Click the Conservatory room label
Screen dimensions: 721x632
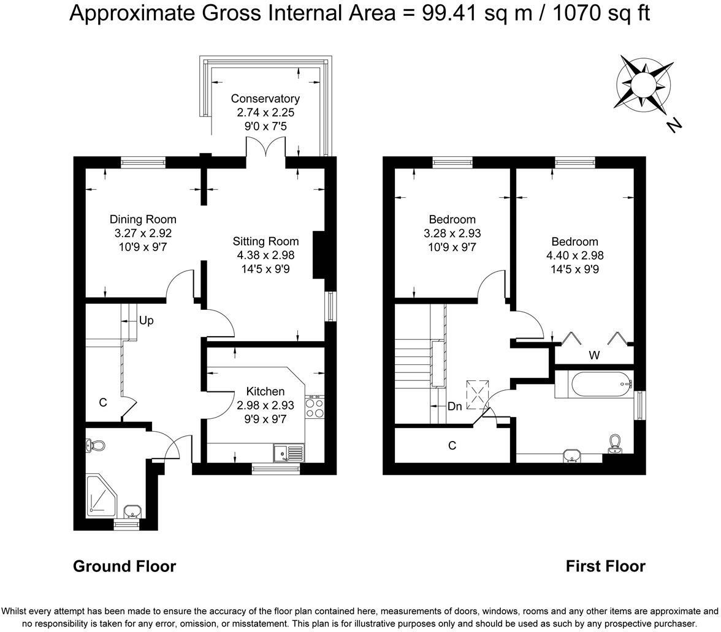265,98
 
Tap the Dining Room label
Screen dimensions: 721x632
143,219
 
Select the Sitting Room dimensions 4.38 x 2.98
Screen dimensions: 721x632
266,255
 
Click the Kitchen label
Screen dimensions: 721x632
265,391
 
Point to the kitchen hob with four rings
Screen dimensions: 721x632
315,407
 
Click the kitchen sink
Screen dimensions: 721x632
288,453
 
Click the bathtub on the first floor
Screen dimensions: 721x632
600,384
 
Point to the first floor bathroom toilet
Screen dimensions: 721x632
614,443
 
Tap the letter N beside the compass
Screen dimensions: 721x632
674,124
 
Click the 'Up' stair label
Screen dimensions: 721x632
146,321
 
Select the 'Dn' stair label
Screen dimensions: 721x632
454,406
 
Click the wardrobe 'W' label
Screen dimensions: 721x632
594,355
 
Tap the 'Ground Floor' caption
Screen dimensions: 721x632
124,566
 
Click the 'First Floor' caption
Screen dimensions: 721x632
606,566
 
